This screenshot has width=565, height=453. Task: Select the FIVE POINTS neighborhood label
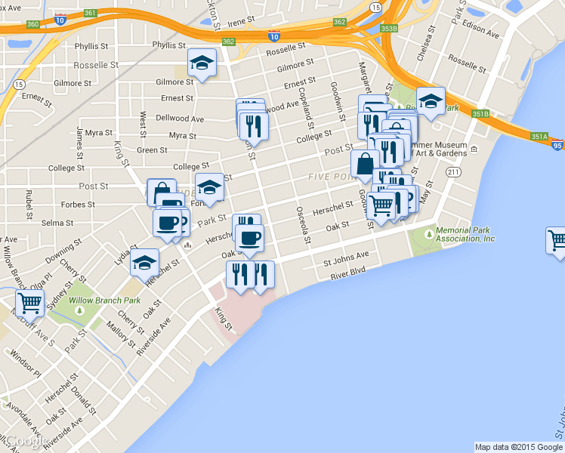(x=332, y=177)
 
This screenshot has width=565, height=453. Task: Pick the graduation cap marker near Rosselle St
(x=202, y=63)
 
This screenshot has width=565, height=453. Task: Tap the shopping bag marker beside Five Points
(x=365, y=163)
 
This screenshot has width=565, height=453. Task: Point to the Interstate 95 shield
(x=557, y=146)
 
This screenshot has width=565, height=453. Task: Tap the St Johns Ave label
(x=346, y=258)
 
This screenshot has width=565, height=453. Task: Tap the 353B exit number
(x=389, y=29)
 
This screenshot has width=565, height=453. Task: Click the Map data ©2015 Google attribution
(x=519, y=446)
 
